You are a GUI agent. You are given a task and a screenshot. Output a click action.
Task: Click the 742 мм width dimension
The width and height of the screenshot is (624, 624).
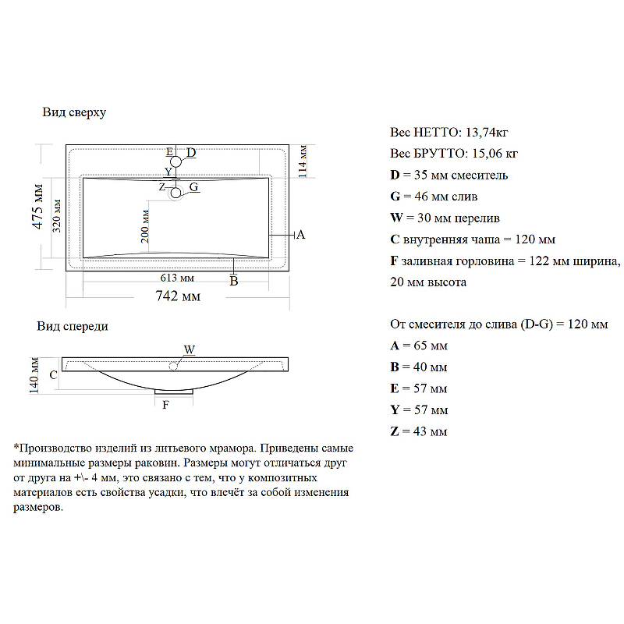(x=179, y=296)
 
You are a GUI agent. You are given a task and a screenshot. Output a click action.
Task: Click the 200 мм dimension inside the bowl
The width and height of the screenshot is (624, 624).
(x=146, y=226)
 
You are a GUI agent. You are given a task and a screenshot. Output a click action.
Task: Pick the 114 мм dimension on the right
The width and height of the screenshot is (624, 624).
(x=303, y=161)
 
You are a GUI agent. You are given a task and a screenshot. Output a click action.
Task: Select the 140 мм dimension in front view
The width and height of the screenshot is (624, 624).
(x=34, y=375)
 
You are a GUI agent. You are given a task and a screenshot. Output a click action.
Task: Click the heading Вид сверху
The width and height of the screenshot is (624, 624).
(x=74, y=112)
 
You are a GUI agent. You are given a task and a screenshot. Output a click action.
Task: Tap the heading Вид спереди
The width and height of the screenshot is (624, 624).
(x=73, y=327)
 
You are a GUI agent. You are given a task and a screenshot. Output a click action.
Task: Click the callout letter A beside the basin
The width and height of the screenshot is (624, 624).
(x=300, y=234)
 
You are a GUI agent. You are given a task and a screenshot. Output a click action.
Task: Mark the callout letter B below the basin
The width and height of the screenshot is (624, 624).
(x=233, y=282)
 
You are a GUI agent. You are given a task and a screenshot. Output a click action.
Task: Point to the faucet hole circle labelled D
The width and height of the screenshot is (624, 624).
(x=177, y=161)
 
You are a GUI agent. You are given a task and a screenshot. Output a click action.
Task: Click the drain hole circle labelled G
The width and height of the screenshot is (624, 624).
(x=176, y=192)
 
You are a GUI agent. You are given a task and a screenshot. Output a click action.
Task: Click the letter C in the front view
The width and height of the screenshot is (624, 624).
(x=53, y=375)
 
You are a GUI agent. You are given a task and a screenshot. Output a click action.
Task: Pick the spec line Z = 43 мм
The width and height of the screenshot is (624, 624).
(x=418, y=431)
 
